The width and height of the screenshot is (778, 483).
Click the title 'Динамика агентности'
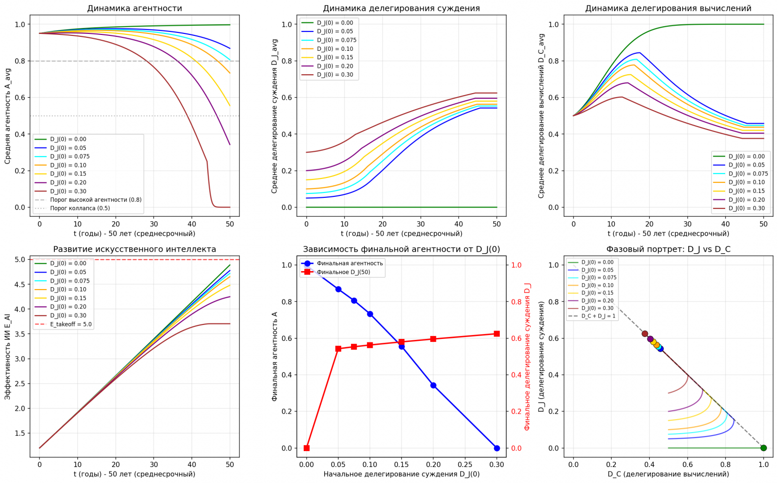135,8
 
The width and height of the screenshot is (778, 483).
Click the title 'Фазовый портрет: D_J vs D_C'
668,249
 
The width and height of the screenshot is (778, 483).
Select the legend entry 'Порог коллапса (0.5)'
80,208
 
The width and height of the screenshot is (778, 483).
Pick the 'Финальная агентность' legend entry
350,263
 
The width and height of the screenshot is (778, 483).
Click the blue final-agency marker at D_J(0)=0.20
433,385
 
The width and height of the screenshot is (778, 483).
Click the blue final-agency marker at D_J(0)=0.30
497,448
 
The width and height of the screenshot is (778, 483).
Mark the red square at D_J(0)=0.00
307,448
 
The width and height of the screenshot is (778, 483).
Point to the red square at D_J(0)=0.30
497,334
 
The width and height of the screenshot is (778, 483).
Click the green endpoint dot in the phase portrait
764,448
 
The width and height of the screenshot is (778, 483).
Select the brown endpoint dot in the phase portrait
645,334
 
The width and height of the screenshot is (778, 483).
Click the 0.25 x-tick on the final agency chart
465,465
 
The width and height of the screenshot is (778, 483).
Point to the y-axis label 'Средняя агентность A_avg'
7,116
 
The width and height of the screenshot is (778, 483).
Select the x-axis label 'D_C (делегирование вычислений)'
668,474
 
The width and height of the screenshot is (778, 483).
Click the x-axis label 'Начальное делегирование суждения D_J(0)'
401,474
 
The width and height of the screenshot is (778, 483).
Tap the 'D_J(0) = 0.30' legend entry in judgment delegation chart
335,75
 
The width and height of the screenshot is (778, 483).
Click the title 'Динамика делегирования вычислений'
668,8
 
